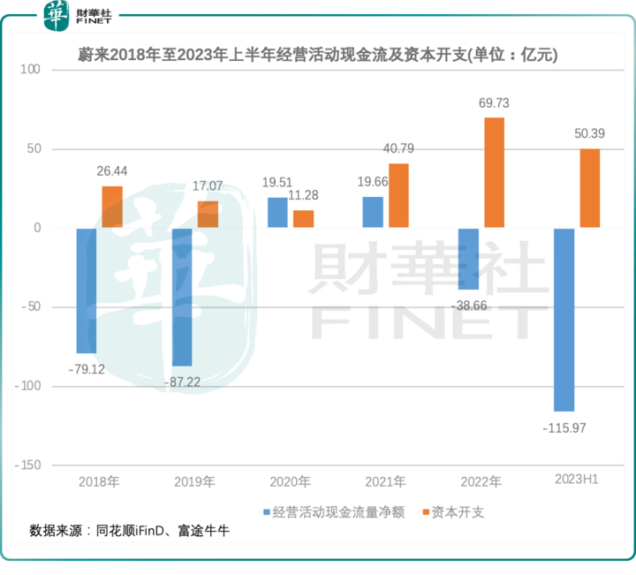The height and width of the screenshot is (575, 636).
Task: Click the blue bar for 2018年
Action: point(87,291)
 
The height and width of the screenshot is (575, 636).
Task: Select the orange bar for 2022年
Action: point(495,172)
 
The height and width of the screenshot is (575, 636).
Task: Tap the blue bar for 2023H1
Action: point(564,320)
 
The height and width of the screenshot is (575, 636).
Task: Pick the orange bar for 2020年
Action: point(303,219)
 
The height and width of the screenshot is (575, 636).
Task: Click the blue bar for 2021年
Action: point(374,212)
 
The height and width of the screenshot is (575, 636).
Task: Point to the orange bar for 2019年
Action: point(208,215)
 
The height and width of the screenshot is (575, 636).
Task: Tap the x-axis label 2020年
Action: point(291,482)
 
